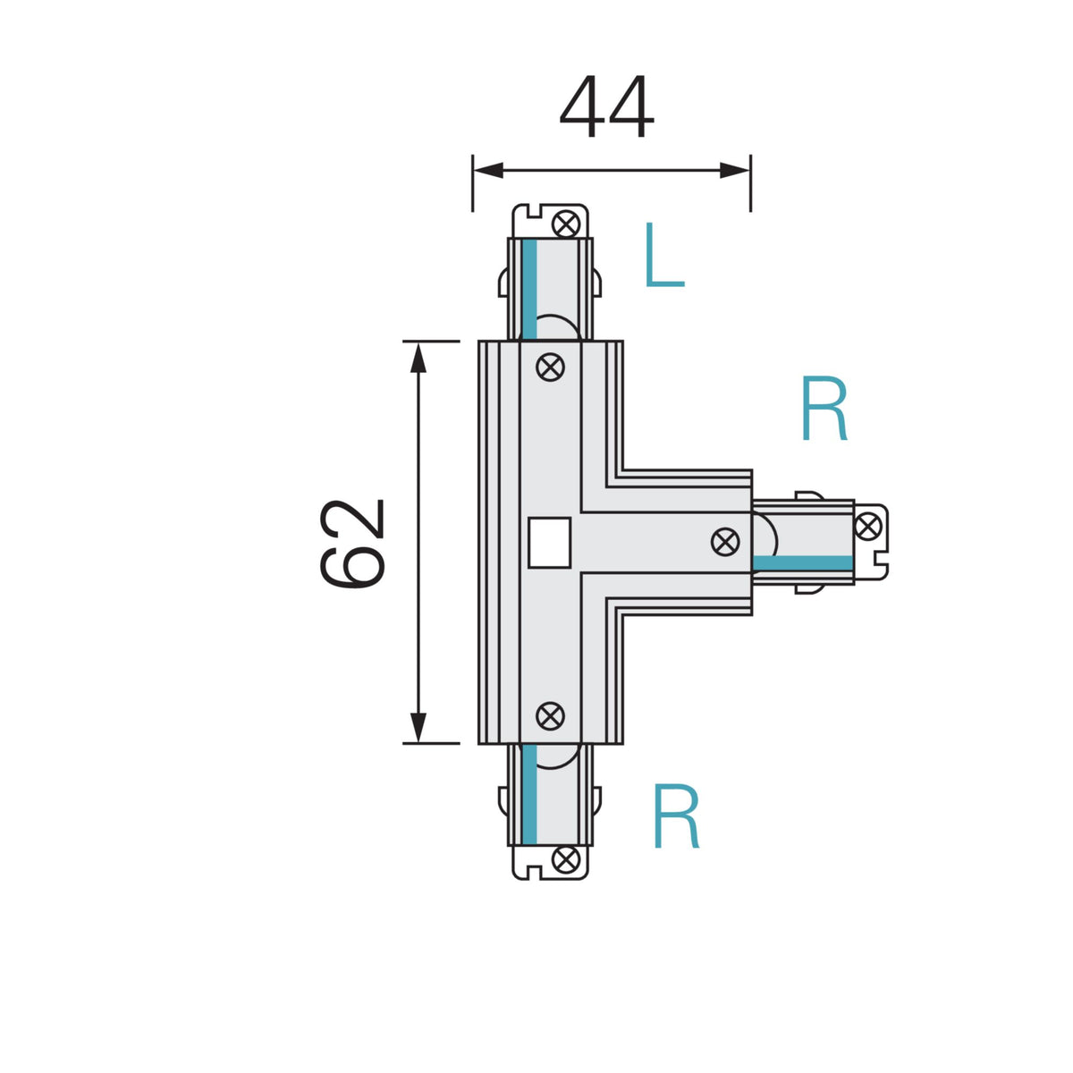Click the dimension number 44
tap(606, 106)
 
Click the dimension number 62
tap(352, 543)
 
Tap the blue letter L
tap(664, 255)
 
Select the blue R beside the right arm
tap(824, 409)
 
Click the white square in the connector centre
tap(549, 543)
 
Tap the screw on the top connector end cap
tap(566, 224)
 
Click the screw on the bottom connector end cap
tap(566, 860)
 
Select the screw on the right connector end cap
tap(867, 526)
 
